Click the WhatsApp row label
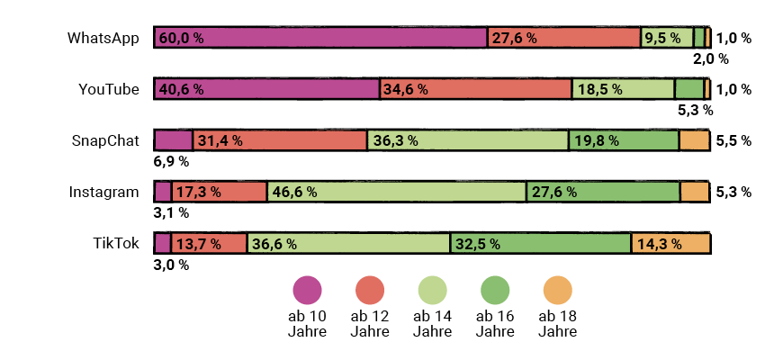tap(103, 38)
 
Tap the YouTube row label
tap(109, 89)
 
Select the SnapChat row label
tap(105, 140)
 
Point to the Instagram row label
tap(104, 192)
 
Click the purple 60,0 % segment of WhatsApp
tap(320, 38)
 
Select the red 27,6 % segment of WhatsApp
tap(564, 38)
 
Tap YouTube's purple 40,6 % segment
tap(266, 89)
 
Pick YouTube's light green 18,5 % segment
tap(623, 89)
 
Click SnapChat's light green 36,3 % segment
tap(467, 140)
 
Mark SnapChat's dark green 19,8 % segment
tap(623, 140)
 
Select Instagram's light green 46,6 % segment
tap(396, 192)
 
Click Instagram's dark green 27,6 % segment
tap(602, 192)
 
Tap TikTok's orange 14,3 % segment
tap(670, 243)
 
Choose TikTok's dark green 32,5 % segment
tap(540, 243)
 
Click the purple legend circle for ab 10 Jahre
tap(307, 290)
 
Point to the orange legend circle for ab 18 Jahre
tap(557, 290)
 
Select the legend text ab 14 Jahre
tap(432, 323)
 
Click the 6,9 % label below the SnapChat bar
tap(171, 162)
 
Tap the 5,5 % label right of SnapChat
tap(733, 141)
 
